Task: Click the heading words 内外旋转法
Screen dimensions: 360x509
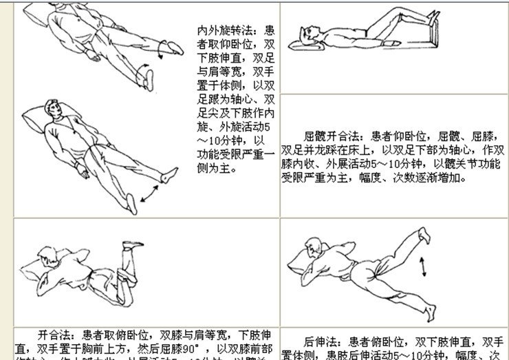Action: click(x=221, y=31)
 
